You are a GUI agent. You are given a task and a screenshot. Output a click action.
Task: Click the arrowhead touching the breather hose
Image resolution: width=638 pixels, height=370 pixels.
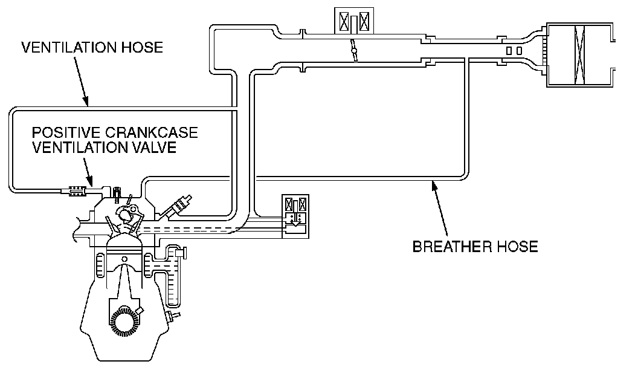click(432, 184)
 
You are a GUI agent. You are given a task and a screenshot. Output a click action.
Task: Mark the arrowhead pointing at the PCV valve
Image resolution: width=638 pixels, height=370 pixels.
click(91, 183)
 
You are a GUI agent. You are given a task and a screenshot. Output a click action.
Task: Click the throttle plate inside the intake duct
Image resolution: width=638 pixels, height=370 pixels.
click(353, 51)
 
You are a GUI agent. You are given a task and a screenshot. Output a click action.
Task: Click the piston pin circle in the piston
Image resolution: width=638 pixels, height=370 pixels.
click(124, 259)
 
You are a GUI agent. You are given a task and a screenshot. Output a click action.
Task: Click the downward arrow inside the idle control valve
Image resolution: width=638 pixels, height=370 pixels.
click(295, 226)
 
